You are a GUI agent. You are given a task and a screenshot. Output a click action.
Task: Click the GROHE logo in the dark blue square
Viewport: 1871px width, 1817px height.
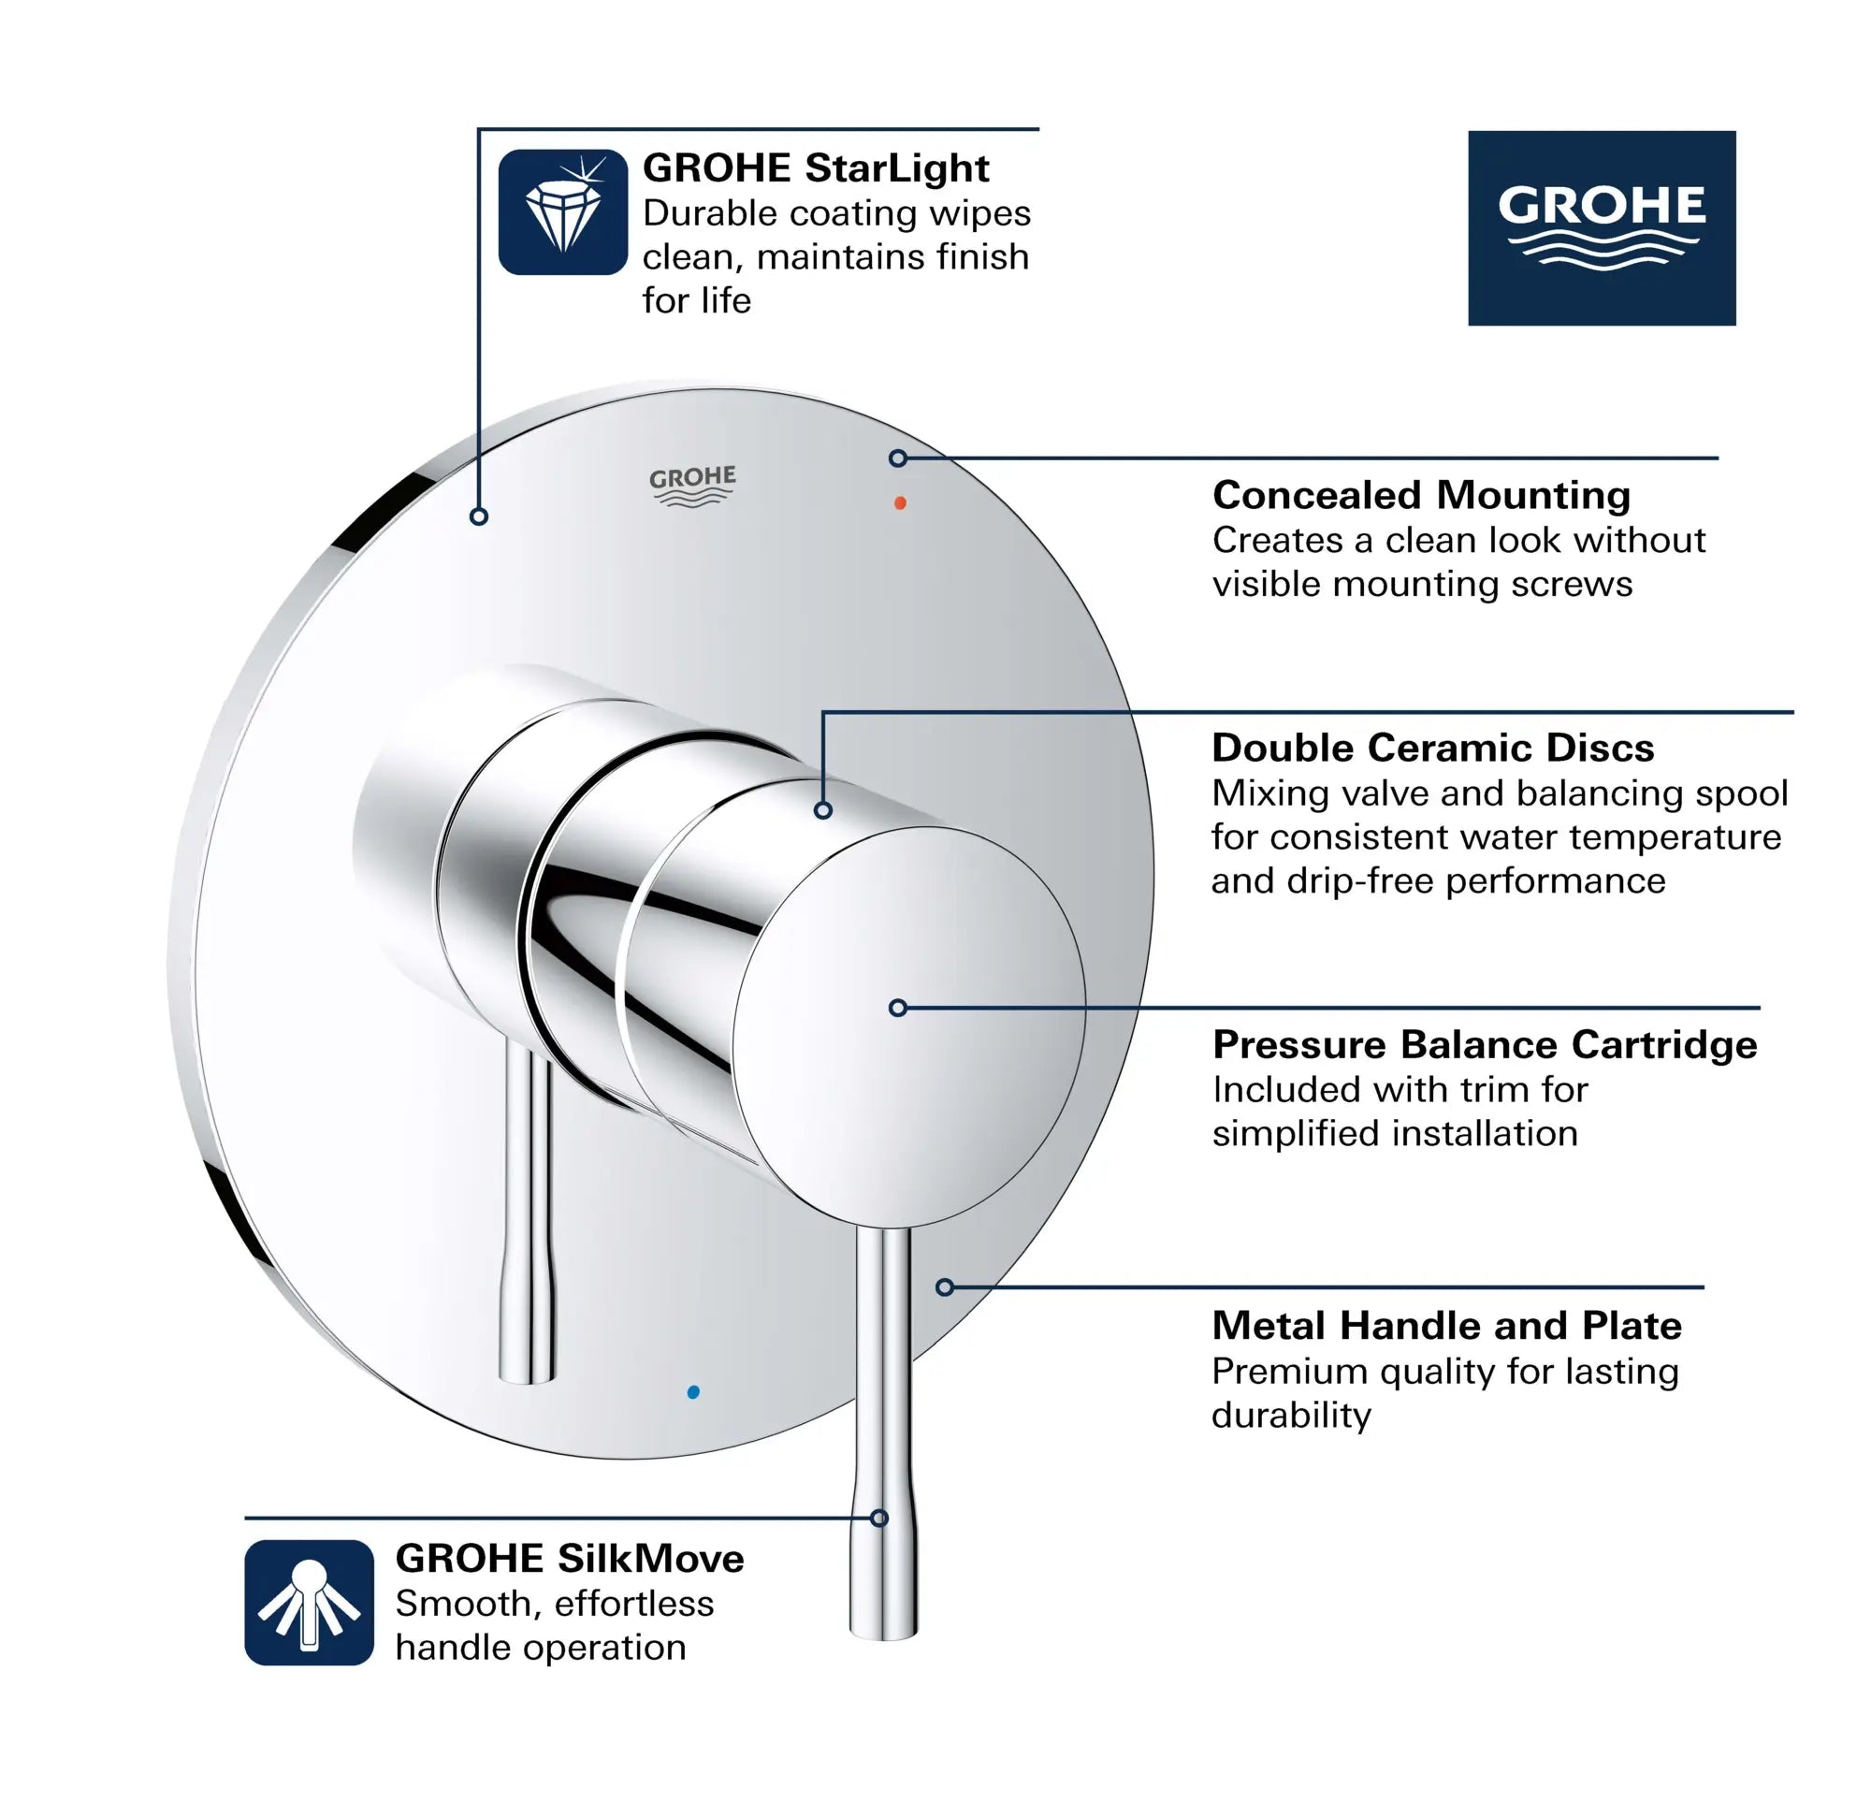point(1601,227)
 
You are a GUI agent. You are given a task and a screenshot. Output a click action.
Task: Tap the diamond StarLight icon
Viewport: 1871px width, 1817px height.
point(562,212)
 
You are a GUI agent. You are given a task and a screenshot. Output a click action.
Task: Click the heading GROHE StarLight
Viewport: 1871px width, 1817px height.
point(815,168)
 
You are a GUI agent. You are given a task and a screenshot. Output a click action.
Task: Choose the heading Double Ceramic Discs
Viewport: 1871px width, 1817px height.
point(1432,748)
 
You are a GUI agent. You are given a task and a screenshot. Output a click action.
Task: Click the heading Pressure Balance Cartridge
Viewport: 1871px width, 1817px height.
point(1484,1043)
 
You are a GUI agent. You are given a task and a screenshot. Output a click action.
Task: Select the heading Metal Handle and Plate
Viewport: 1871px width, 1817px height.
point(1446,1325)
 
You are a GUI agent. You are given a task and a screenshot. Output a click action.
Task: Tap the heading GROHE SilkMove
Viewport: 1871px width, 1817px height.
point(569,1558)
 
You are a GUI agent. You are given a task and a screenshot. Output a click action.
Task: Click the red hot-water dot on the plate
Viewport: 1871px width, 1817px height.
point(899,502)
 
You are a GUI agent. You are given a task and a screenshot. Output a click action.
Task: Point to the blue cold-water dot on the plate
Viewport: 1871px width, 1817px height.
point(693,1392)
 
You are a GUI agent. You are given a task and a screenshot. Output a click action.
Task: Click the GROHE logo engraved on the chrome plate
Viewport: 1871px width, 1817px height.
point(692,485)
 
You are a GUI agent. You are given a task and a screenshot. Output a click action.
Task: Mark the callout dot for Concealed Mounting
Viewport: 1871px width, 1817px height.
point(897,458)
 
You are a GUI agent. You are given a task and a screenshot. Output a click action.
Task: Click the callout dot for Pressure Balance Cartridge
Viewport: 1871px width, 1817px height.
point(897,1008)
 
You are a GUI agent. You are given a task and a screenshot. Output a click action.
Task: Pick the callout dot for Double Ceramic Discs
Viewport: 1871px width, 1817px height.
point(823,809)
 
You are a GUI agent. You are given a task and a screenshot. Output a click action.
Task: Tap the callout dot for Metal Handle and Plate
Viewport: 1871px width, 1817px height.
point(944,1287)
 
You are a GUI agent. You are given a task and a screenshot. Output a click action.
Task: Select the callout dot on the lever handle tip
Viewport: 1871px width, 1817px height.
point(879,1519)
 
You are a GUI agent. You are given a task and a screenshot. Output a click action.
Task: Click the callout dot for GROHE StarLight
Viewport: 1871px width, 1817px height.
point(479,516)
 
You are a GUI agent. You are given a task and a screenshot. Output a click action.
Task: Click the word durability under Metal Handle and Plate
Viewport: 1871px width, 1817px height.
point(1291,1415)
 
